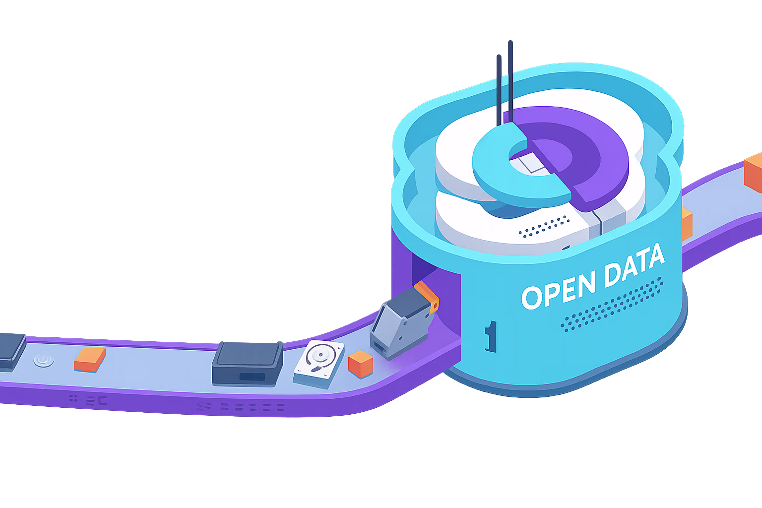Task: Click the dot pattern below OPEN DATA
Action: [x=613, y=304]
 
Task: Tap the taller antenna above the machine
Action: [x=510, y=79]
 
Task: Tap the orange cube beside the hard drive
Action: [x=360, y=363]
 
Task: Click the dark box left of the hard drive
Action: [x=247, y=363]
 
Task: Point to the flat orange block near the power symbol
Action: [x=90, y=359]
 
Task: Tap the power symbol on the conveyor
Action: [x=44, y=359]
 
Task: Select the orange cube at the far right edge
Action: [x=754, y=172]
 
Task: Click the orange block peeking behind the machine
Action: [x=687, y=224]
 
